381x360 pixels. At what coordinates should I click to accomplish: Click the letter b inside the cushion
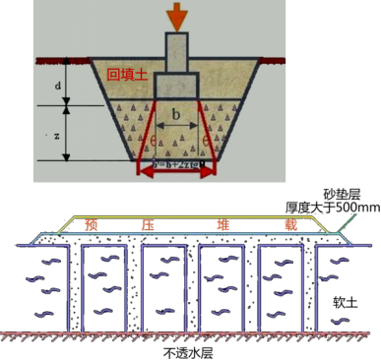(175, 114)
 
